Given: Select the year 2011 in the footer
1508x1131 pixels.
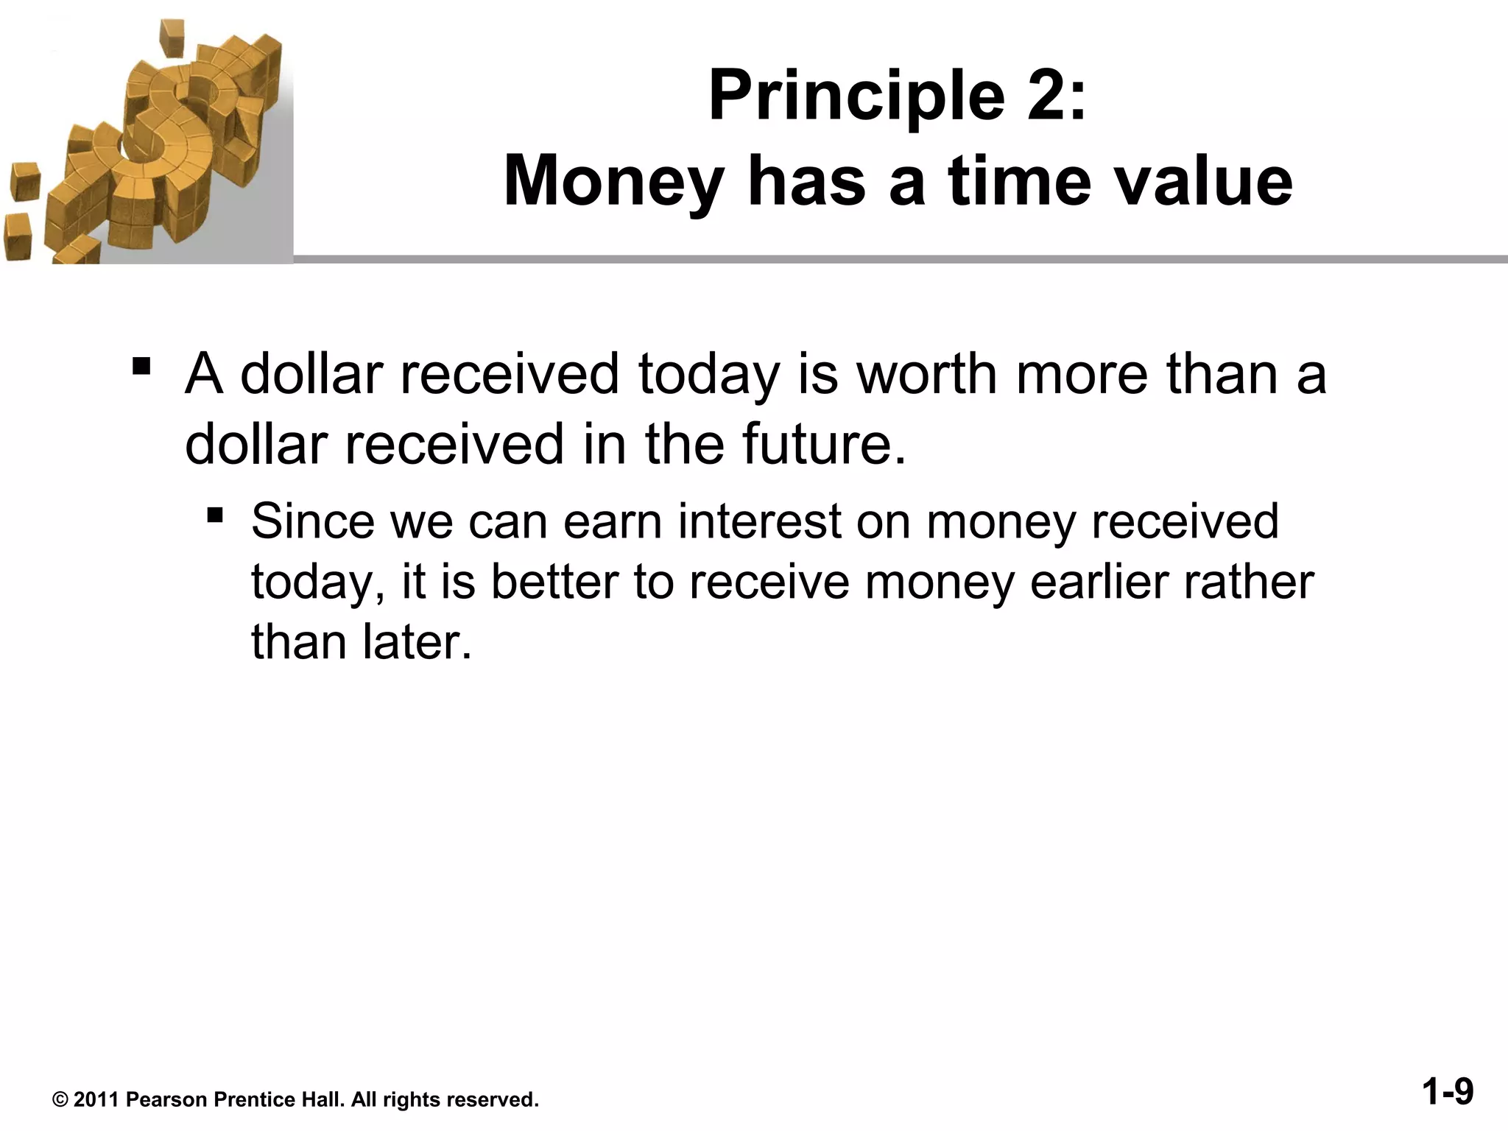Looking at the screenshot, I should [x=96, y=1100].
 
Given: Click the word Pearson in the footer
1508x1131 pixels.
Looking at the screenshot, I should [x=166, y=1100].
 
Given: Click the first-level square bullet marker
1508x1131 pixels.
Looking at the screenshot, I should [x=141, y=366].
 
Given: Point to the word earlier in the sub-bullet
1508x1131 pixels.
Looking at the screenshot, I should [x=1099, y=582].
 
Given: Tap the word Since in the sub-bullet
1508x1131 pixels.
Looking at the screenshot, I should [x=313, y=521].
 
